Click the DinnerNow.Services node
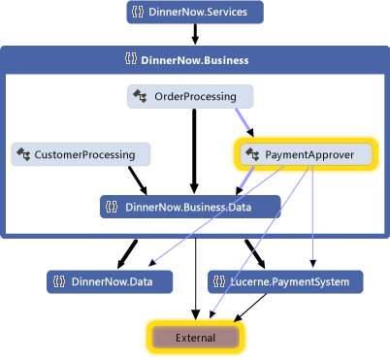pyautogui.click(x=194, y=13)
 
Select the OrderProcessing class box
pyautogui.click(x=190, y=96)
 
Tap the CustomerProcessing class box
pyautogui.click(x=81, y=153)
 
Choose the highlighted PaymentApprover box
pyautogui.click(x=304, y=153)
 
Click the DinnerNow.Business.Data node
pyautogui.click(x=190, y=206)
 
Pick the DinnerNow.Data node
pyautogui.click(x=109, y=282)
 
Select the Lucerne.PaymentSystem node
pyautogui.click(x=285, y=282)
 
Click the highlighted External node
pyautogui.click(x=195, y=337)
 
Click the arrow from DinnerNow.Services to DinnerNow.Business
pyautogui.click(x=195, y=35)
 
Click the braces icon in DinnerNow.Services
pyautogui.click(x=142, y=13)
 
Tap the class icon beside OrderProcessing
pyautogui.click(x=141, y=96)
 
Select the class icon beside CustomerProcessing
pyautogui.click(x=24, y=153)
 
